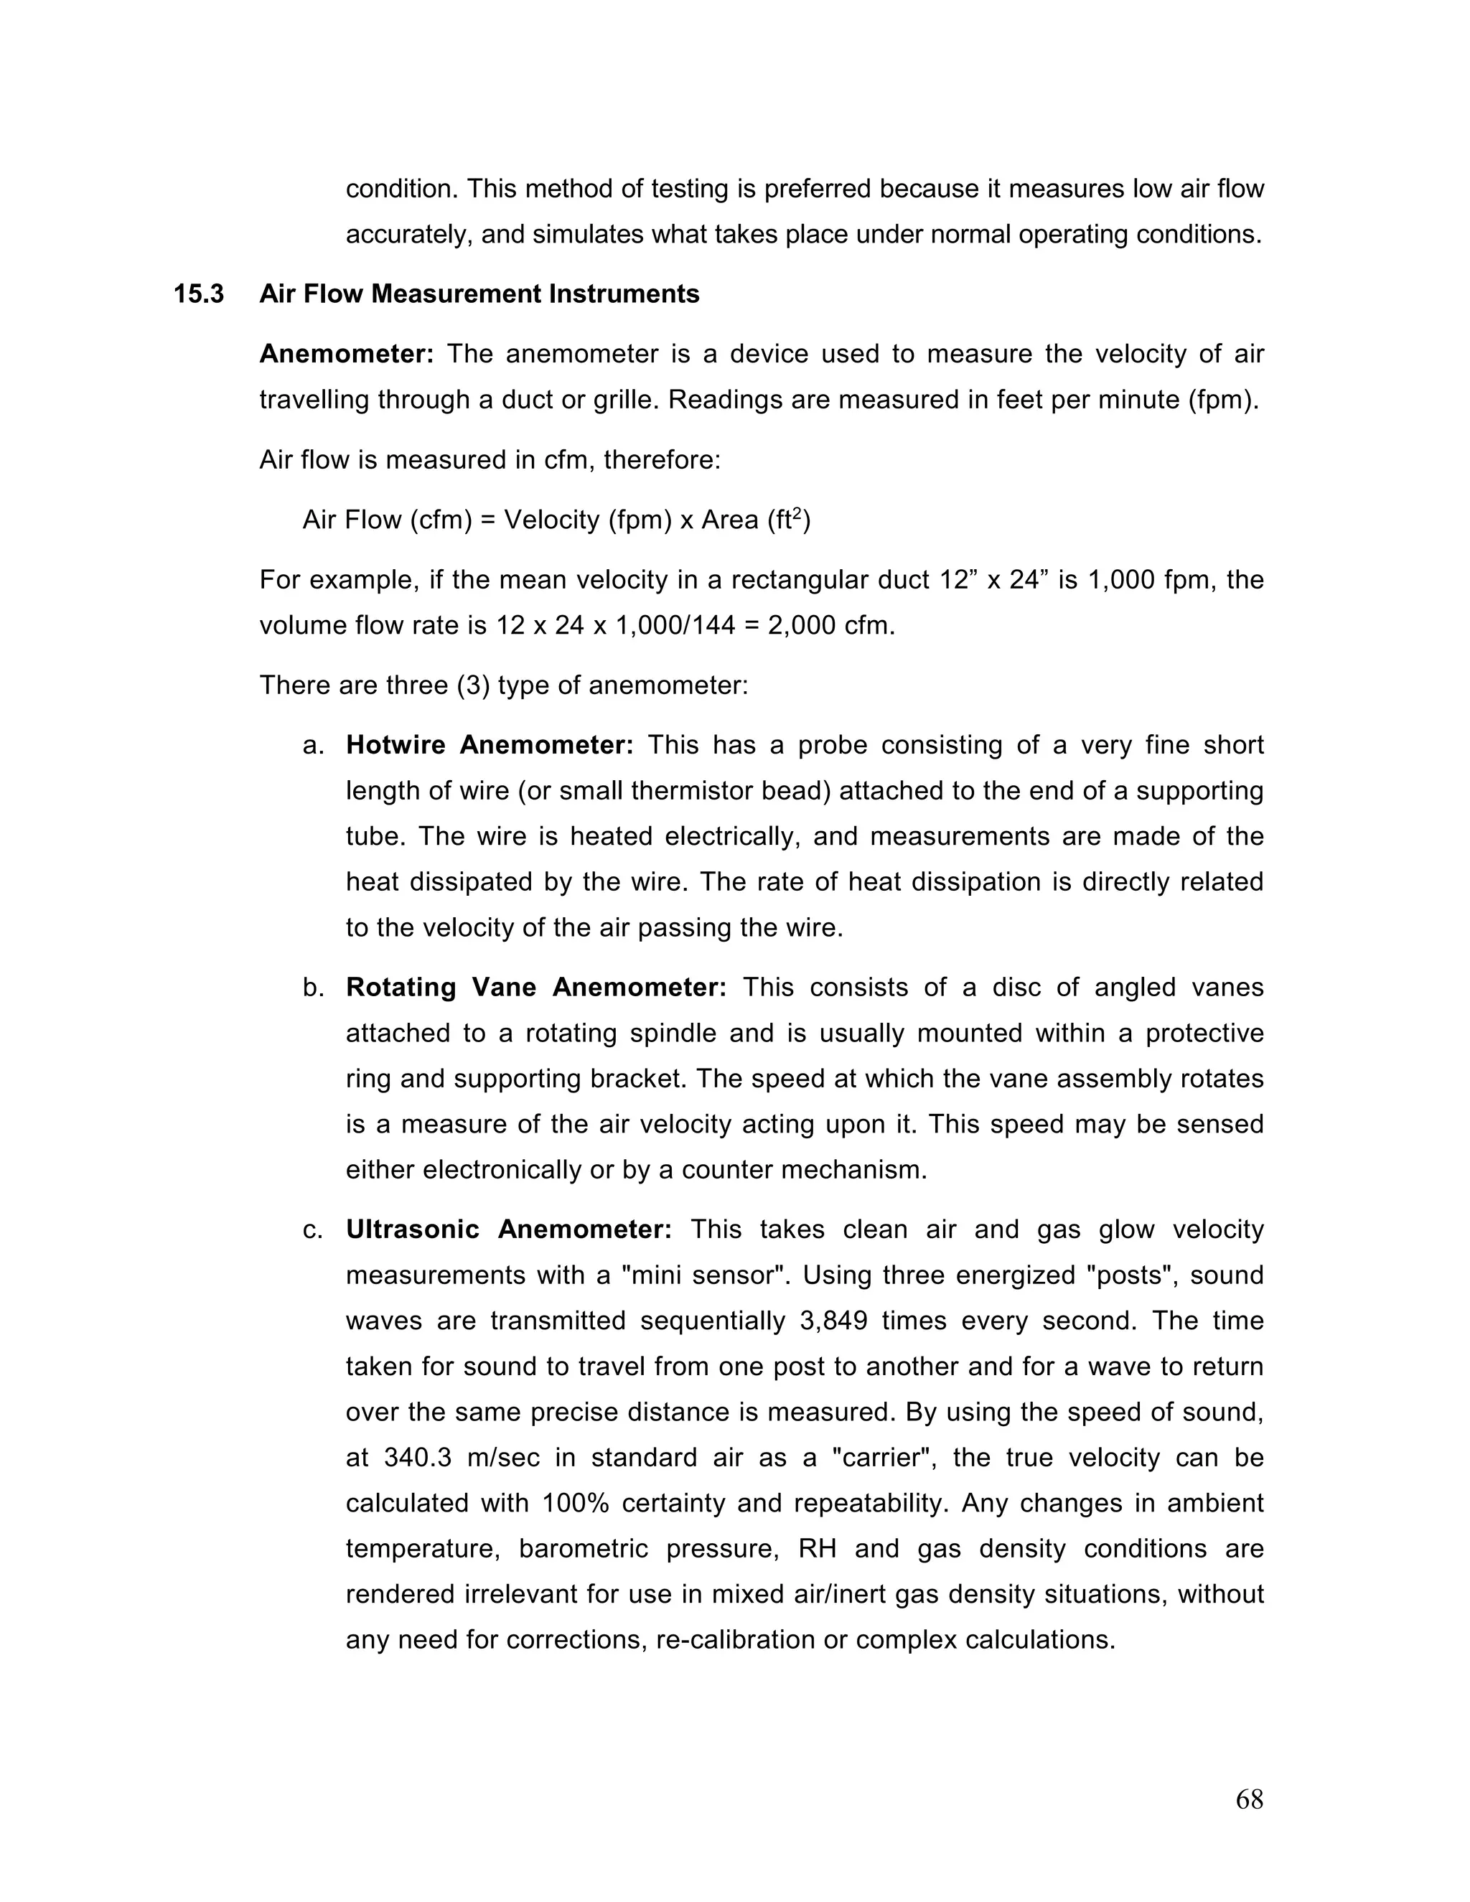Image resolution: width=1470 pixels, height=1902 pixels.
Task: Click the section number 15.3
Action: pyautogui.click(x=199, y=294)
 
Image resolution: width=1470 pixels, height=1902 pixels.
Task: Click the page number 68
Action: pyautogui.click(x=1249, y=1799)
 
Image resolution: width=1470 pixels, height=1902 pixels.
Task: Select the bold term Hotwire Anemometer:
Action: pyautogui.click(x=490, y=746)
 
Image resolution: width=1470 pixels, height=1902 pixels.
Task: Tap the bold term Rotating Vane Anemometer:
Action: pyautogui.click(x=535, y=988)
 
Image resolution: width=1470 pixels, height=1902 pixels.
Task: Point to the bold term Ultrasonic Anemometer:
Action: pyautogui.click(x=509, y=1229)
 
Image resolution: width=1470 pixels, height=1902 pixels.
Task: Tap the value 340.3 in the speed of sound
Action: pyautogui.click(x=417, y=1458)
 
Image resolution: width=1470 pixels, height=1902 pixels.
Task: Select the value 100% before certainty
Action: pyautogui.click(x=575, y=1503)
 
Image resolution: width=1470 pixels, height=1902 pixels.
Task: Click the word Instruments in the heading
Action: pyautogui.click(x=624, y=294)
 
